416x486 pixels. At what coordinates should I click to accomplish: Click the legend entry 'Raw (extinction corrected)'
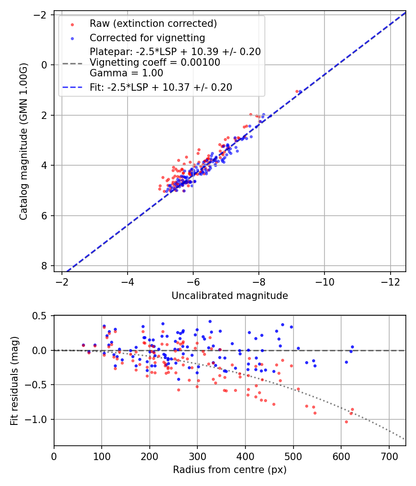(x=153, y=24)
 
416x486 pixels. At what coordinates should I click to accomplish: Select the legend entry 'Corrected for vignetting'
(x=147, y=38)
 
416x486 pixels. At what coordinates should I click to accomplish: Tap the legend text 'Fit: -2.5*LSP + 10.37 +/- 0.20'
(x=161, y=87)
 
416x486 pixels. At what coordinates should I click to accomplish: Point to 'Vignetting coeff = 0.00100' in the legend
(x=155, y=62)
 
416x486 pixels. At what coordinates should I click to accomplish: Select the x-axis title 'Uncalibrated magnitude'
(x=230, y=296)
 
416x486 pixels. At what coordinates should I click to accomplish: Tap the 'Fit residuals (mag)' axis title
(x=14, y=380)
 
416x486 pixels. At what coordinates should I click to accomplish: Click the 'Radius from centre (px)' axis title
(x=230, y=470)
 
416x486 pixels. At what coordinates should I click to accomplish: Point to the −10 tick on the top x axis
(x=324, y=283)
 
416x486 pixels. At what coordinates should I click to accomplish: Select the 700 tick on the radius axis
(x=389, y=457)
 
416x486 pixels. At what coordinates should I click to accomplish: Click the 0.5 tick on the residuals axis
(x=42, y=316)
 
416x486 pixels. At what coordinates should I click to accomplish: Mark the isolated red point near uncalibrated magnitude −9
(x=297, y=91)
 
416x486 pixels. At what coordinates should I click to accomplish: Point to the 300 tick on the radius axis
(x=197, y=457)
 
